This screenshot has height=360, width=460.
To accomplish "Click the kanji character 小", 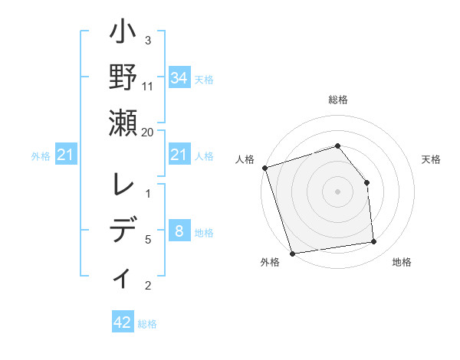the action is point(123,34).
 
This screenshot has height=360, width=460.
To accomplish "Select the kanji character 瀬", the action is point(123,123).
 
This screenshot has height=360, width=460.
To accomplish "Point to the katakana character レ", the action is point(123,186).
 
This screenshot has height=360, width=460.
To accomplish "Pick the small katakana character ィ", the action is point(123,277).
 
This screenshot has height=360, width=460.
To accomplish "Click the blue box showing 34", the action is point(179,77).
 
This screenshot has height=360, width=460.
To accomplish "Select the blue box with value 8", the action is point(179,231).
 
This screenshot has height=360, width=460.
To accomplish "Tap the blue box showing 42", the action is point(123,322).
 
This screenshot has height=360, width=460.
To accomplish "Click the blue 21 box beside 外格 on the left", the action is point(66,155).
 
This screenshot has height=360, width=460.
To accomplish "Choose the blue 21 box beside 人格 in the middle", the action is point(179,155).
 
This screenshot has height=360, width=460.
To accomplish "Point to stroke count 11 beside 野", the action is point(148,87).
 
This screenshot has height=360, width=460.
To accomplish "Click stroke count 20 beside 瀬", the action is point(148,132).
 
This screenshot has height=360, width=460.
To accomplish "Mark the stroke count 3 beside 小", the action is point(148,40).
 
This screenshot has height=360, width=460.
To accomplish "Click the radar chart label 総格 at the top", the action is point(337,100).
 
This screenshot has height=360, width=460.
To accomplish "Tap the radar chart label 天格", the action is point(431,159).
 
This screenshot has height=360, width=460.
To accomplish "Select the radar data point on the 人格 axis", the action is point(264,168).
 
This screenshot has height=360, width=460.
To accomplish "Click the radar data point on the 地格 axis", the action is point(374,242).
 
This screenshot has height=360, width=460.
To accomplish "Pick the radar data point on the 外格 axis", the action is point(292,253).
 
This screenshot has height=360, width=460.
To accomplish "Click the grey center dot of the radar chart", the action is point(337,191).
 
